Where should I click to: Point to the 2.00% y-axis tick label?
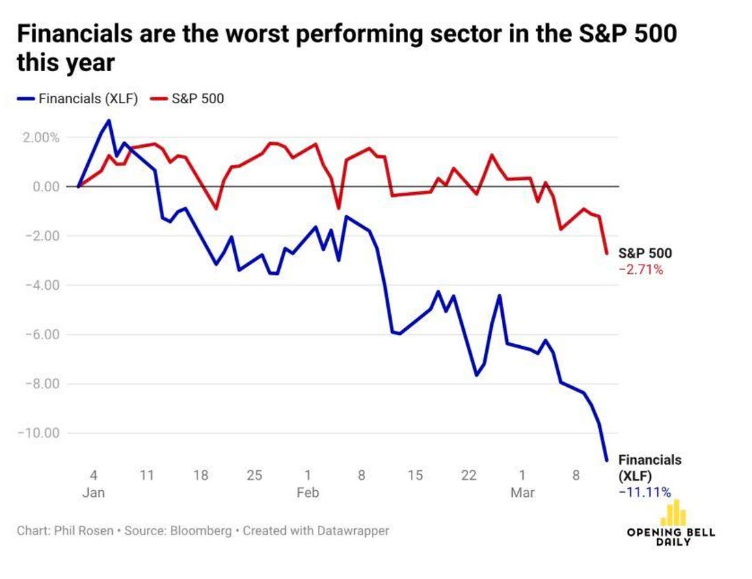40,137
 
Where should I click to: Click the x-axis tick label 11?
147,476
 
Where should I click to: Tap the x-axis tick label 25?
254,476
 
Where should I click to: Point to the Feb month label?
308,493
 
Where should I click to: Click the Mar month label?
522,493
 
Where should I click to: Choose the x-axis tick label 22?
469,476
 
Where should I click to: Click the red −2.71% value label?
641,270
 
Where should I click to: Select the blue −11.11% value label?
644,492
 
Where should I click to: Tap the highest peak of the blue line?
109,120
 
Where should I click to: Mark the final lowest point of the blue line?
606,460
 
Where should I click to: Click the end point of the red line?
606,253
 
